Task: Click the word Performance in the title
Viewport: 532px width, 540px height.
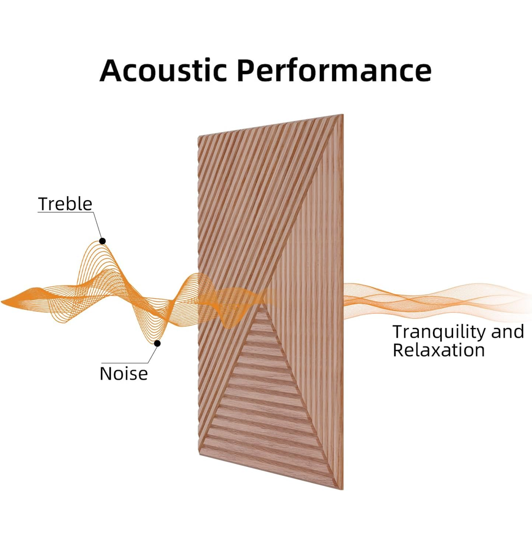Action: pyautogui.click(x=334, y=71)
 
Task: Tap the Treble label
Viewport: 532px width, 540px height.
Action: pyautogui.click(x=65, y=204)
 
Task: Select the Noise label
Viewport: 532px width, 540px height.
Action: pyautogui.click(x=123, y=373)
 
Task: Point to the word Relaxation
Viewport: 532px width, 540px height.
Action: pyautogui.click(x=439, y=350)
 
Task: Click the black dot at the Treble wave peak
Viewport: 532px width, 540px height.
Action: pyautogui.click(x=102, y=241)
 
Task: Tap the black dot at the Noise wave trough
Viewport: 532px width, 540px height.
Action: pyautogui.click(x=158, y=343)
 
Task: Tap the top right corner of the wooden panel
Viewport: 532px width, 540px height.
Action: pyautogui.click(x=343, y=115)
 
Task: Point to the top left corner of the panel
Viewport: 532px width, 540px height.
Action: pyautogui.click(x=199, y=137)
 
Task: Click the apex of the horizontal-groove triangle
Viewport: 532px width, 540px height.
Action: pyautogui.click(x=261, y=306)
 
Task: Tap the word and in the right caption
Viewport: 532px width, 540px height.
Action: pyautogui.click(x=507, y=331)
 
